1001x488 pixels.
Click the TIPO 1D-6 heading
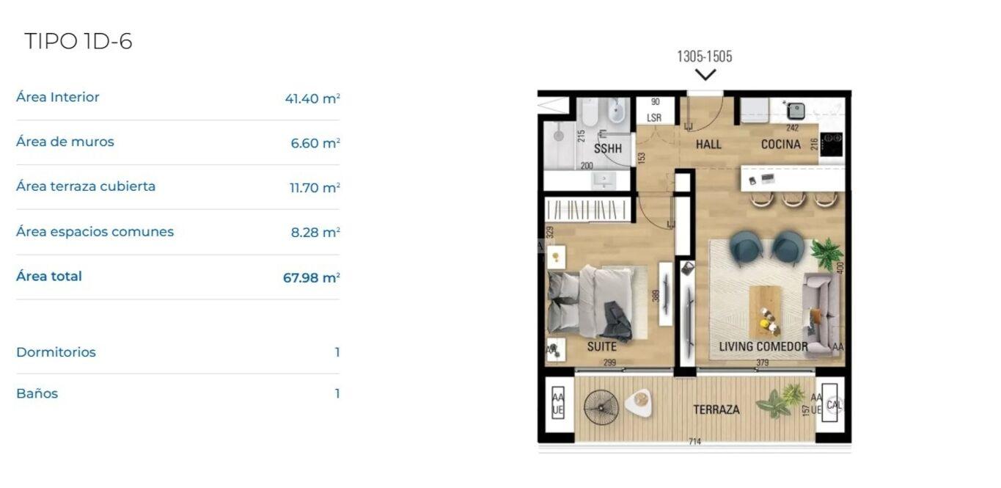(x=78, y=41)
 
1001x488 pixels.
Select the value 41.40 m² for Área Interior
(x=312, y=98)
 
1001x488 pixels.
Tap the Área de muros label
(x=65, y=142)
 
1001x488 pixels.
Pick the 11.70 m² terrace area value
(x=315, y=187)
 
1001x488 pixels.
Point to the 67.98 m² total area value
(x=312, y=277)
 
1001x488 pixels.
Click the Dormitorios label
(x=56, y=352)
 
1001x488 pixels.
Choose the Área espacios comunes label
(x=95, y=232)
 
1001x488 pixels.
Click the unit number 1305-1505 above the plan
(x=705, y=57)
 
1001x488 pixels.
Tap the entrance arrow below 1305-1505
(x=705, y=74)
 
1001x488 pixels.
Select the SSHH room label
(x=608, y=148)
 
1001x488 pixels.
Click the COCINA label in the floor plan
(x=781, y=144)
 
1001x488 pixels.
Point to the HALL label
(x=708, y=144)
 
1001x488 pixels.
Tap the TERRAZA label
(x=716, y=409)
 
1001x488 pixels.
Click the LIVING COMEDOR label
(x=763, y=346)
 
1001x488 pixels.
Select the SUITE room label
(x=602, y=346)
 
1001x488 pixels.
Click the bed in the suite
(x=592, y=302)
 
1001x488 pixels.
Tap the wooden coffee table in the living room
(x=766, y=311)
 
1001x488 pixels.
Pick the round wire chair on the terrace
(x=601, y=407)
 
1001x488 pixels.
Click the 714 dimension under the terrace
(x=695, y=442)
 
